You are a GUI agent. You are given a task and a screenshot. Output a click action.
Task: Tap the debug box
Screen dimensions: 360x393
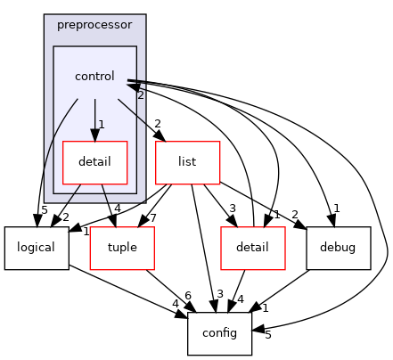pos(338,248)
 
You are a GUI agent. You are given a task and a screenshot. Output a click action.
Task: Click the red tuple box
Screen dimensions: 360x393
pos(121,248)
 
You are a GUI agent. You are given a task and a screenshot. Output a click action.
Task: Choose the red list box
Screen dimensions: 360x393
pos(187,163)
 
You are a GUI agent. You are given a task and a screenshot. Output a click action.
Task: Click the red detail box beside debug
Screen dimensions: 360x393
pos(252,248)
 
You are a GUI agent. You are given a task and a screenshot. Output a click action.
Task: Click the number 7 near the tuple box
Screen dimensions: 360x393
pos(154,218)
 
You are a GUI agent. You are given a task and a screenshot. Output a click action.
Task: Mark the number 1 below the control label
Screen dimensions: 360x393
pos(102,125)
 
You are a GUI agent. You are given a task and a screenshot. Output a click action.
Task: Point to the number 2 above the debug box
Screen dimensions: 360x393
pos(295,214)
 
